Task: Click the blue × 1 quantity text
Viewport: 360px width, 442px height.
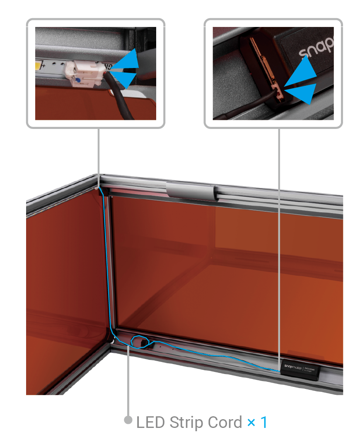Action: point(257,423)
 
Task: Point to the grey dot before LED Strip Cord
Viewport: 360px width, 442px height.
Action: point(128,420)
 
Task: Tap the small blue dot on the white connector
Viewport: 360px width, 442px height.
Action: point(77,79)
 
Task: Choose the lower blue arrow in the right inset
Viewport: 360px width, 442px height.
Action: point(302,92)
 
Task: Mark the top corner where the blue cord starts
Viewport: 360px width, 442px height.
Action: point(101,191)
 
